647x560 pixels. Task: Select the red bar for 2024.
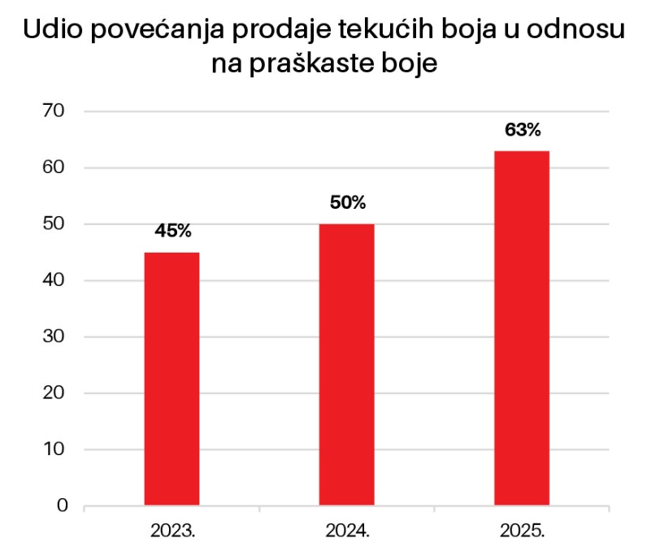pos(347,364)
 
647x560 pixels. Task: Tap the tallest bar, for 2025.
pos(522,328)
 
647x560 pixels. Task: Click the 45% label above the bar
pos(172,231)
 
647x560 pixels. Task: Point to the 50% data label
pos(348,202)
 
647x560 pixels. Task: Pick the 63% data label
pos(522,129)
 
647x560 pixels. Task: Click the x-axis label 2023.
pos(172,532)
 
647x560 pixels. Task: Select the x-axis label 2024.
pos(348,532)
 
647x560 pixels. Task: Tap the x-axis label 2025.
pos(522,532)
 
